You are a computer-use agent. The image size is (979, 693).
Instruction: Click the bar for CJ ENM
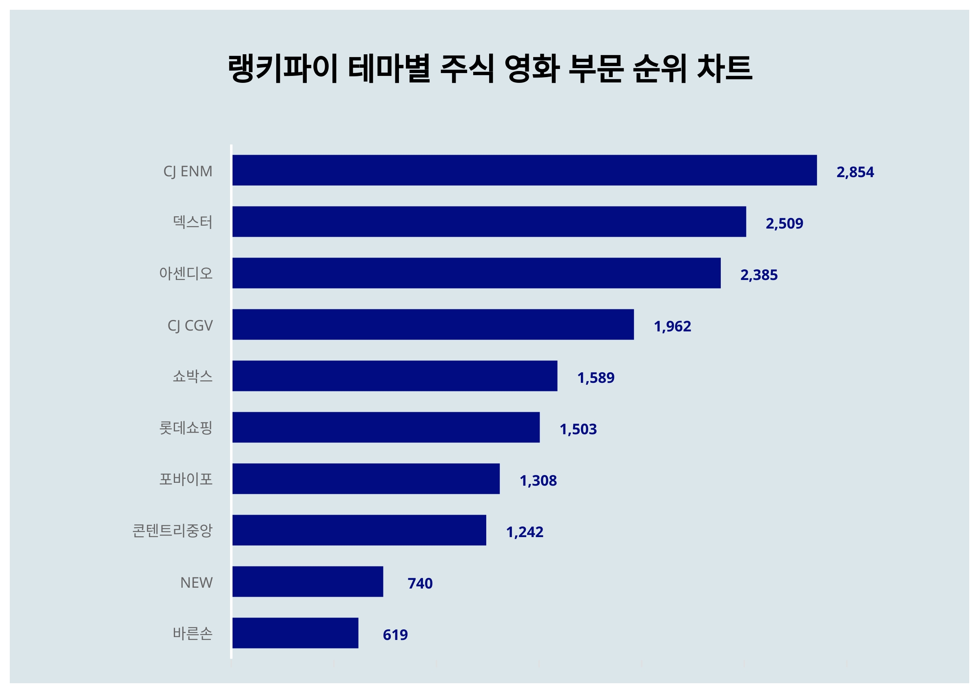(524, 170)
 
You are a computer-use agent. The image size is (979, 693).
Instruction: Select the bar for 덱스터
(489, 222)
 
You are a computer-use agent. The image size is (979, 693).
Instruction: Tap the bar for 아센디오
(476, 273)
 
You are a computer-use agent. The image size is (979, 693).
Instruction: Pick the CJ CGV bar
(432, 324)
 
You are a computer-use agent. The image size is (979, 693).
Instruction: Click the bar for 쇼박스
(394, 376)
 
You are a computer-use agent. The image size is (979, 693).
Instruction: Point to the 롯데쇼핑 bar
(385, 427)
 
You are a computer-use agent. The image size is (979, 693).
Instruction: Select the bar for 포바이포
(365, 479)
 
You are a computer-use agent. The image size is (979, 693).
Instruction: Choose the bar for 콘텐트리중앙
(359, 530)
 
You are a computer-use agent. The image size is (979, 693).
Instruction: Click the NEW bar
(308, 582)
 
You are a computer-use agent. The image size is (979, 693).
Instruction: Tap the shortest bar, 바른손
(295, 633)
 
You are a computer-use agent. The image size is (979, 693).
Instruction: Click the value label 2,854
(855, 172)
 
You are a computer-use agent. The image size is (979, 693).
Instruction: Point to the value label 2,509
(784, 224)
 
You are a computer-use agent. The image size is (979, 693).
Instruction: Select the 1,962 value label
(672, 327)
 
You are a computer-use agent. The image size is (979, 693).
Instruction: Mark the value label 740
(420, 583)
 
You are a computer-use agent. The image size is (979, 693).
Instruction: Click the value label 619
(395, 635)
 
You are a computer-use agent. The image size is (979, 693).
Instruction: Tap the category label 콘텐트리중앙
(172, 531)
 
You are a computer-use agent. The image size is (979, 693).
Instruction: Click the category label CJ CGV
(190, 326)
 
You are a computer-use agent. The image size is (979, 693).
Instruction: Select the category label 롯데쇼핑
(186, 428)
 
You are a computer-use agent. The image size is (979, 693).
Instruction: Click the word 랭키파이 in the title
(283, 68)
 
